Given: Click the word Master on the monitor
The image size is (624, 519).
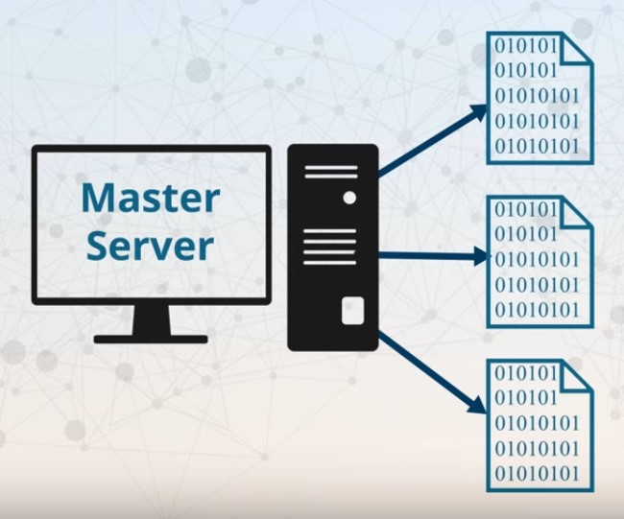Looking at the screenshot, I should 151,199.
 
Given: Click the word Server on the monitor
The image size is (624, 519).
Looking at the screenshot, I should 151,245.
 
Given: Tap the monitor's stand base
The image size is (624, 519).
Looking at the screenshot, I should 151,339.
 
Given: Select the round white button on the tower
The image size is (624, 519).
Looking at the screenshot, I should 349,198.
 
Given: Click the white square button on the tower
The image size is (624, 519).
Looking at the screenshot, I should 352,310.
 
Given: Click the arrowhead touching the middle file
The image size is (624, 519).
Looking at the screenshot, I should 481,256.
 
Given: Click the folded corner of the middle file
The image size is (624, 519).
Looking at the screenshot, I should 577,212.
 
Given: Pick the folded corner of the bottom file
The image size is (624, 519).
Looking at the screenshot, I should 577,375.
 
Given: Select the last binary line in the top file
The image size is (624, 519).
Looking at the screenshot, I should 537,147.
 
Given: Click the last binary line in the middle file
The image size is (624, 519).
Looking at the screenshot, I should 537,310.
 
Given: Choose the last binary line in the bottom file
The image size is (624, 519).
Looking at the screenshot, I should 537,473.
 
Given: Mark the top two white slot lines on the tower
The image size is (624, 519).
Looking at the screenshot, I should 331,173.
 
